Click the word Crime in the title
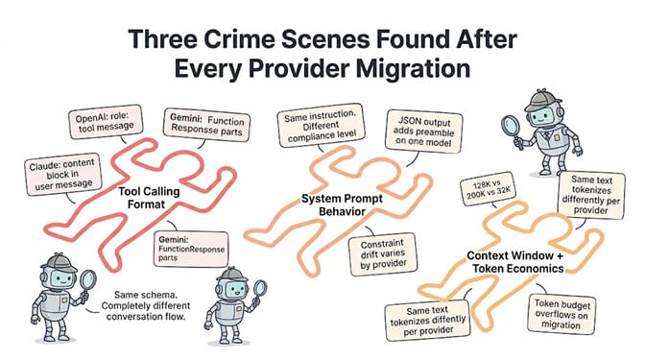tap(239, 39)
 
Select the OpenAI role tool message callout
tap(107, 122)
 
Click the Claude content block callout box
tap(62, 175)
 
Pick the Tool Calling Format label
tap(149, 198)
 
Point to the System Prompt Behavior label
tap(342, 204)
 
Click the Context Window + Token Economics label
tap(516, 262)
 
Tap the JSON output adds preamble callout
tap(424, 132)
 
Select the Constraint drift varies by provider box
tap(383, 254)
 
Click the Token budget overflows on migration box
tap(561, 314)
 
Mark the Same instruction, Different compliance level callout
tap(322, 125)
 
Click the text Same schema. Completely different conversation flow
tap(145, 305)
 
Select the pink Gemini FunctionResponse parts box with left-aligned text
tap(191, 249)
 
